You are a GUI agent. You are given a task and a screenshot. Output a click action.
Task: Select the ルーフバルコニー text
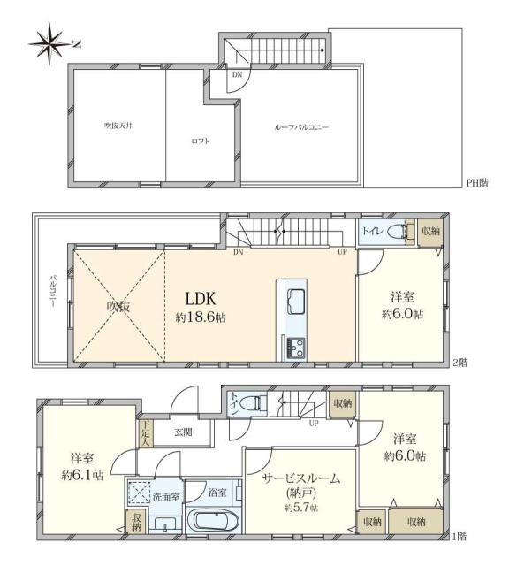[x=301, y=127]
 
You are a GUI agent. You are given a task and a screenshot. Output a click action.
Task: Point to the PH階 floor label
[x=476, y=183]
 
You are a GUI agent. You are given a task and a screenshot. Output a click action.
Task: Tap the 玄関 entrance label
[x=183, y=432]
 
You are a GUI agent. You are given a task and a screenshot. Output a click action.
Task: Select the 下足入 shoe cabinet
[x=147, y=431]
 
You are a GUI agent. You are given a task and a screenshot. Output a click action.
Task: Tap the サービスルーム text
[x=302, y=478]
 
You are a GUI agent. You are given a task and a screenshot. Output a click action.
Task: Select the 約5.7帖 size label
[x=301, y=508]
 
